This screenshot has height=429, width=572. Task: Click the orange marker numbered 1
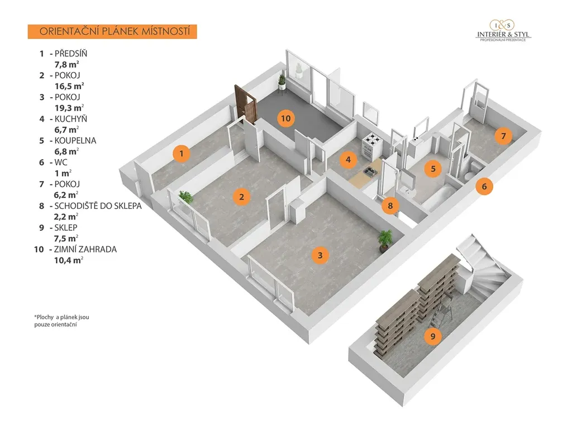pyautogui.click(x=180, y=152)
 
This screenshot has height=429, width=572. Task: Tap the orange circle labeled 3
pyautogui.click(x=320, y=255)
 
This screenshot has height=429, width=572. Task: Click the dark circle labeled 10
pyautogui.click(x=285, y=118)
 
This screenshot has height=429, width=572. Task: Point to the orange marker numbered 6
pyautogui.click(x=484, y=187)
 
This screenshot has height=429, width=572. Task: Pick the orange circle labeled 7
pyautogui.click(x=503, y=135)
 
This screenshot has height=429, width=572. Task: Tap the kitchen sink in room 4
pyautogui.click(x=370, y=171)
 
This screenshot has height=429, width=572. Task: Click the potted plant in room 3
pyautogui.click(x=385, y=240)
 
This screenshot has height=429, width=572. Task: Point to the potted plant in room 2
pyautogui.click(x=185, y=197)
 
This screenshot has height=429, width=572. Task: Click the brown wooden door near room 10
pyautogui.click(x=246, y=104)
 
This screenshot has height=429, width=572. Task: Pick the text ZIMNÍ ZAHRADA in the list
pyautogui.click(x=85, y=249)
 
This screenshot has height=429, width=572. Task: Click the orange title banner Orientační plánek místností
pyautogui.click(x=112, y=31)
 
